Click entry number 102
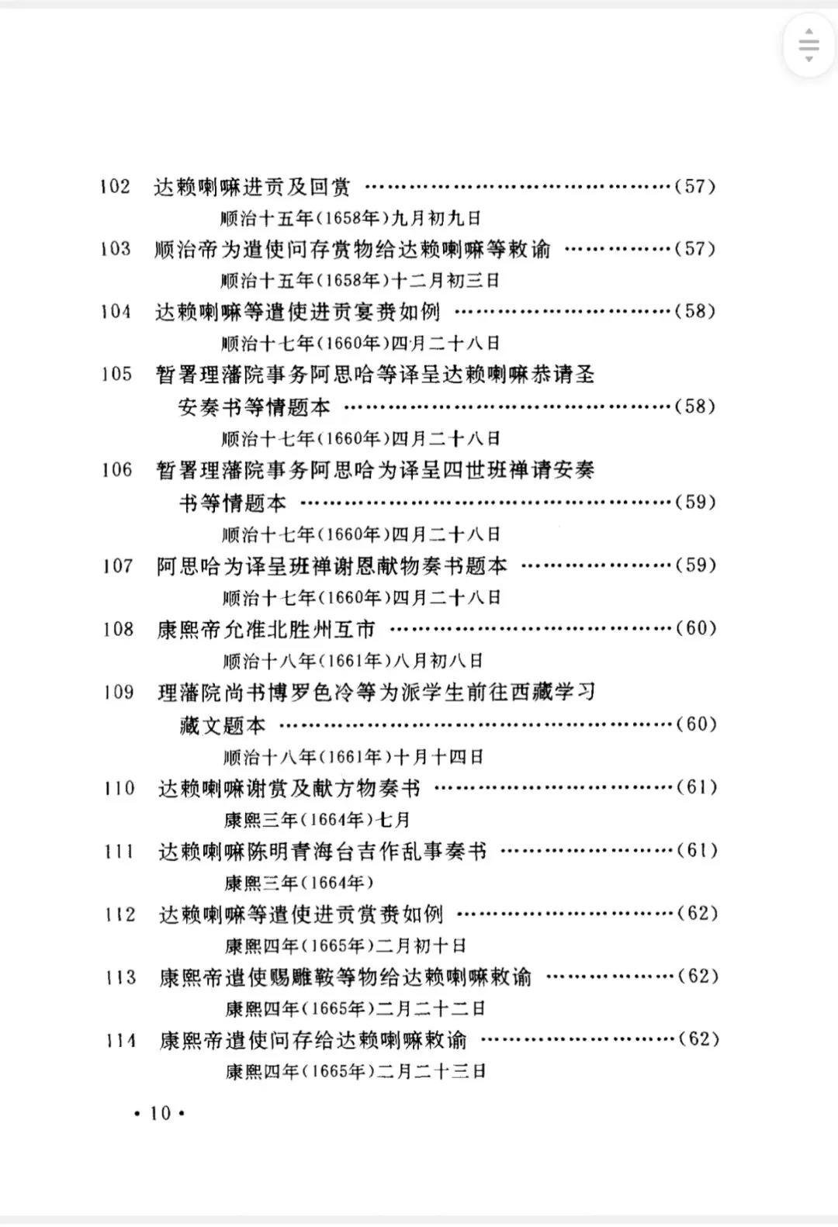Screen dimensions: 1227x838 pos(115,187)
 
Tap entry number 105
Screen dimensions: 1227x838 pos(116,375)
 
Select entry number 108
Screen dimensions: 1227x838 pos(118,629)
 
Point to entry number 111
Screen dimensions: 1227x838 pos(119,852)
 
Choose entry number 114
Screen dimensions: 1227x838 pos(121,1040)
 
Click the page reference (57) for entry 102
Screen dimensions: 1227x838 pos(694,186)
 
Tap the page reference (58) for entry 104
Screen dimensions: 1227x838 pos(694,312)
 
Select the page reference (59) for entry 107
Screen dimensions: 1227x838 pos(695,565)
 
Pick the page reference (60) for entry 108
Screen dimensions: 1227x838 pos(696,628)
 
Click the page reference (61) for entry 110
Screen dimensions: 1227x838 pos(697,788)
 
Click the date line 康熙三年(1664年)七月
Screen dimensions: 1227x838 pos(317,820)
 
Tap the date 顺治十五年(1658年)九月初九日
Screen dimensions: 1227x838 pos(351,218)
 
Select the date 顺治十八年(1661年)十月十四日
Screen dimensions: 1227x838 pos(353,756)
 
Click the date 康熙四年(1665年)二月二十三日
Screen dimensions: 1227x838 pos(355,1072)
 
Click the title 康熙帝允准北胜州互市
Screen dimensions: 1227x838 pos(266,629)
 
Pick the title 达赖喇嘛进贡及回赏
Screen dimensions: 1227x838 pos(252,187)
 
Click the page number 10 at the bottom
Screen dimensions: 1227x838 pos(160,1114)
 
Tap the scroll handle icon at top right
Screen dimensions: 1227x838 pos(809,44)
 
